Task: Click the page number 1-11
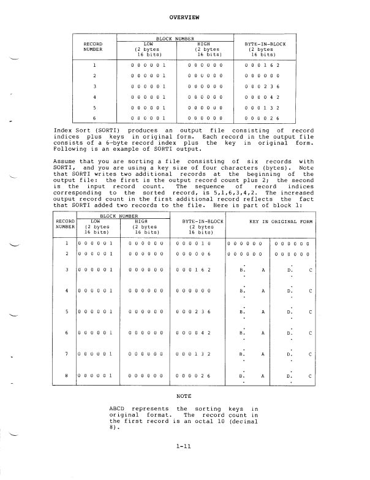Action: click(184, 451)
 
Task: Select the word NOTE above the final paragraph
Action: click(184, 397)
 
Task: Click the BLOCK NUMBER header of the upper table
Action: click(174, 38)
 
